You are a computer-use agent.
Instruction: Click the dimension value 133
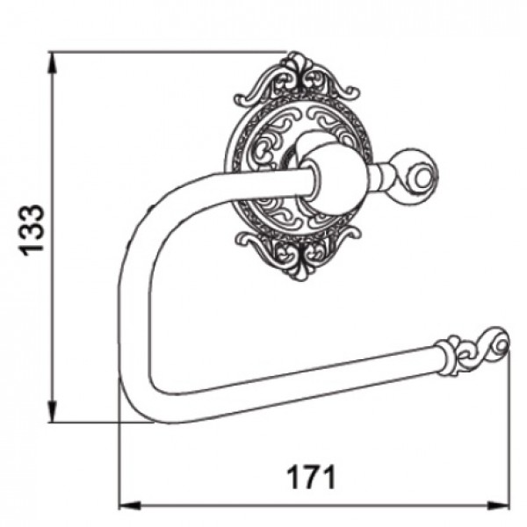pyautogui.click(x=32, y=230)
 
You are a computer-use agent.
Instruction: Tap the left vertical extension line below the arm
pyautogui.click(x=119, y=457)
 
